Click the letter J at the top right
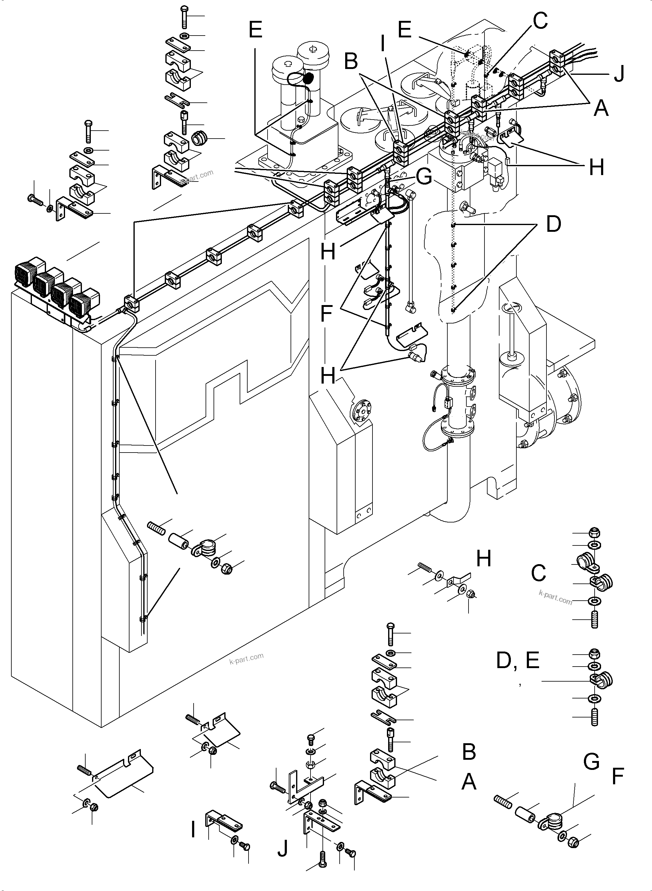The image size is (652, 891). point(619,74)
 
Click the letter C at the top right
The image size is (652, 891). point(540,21)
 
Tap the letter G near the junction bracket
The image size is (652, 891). point(424,177)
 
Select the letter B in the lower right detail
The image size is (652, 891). point(469,752)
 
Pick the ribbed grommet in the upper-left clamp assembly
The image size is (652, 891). point(199,139)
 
